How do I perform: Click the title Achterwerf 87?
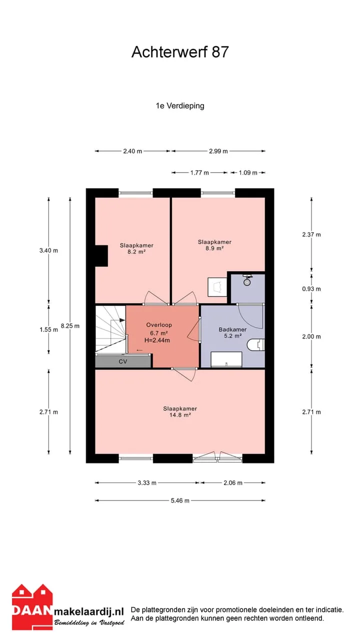(x=180, y=52)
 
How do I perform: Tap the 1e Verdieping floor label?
(x=180, y=106)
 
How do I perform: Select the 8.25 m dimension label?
(x=70, y=325)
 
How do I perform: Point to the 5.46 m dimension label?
(x=180, y=500)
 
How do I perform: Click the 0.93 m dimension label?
(x=311, y=289)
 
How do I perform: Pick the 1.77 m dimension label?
(x=199, y=172)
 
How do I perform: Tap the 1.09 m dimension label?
(x=248, y=172)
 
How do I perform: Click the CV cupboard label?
(x=123, y=361)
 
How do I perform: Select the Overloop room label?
(x=159, y=325)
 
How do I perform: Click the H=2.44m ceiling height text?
(x=157, y=340)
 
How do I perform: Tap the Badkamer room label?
(x=232, y=329)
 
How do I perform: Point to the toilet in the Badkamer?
(x=257, y=345)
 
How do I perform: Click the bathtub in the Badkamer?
(x=226, y=359)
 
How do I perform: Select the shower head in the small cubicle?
(x=247, y=280)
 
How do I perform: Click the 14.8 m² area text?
(x=180, y=415)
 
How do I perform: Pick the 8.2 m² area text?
(x=136, y=251)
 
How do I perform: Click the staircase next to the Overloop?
(x=110, y=329)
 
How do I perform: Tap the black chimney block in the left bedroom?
(x=101, y=255)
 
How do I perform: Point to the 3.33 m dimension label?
(x=147, y=483)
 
